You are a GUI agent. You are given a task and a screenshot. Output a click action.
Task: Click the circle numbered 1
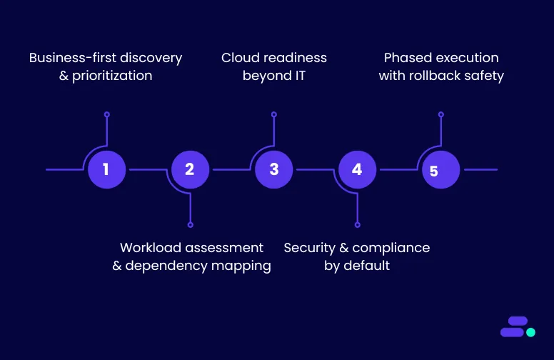pos(106,169)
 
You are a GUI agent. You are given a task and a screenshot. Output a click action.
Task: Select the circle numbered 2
pos(191,169)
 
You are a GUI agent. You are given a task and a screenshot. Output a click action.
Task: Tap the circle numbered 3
pos(274,169)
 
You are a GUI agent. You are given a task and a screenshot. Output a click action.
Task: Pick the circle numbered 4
pos(357,169)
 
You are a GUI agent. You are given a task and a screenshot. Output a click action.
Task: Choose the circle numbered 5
pos(441,169)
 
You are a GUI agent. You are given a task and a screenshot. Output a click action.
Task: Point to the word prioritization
pos(112,76)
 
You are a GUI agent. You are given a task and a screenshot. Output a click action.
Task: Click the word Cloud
pos(241,58)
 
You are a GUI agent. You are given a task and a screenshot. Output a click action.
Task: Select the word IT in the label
pos(298,76)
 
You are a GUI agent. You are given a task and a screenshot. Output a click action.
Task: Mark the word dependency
pos(166,266)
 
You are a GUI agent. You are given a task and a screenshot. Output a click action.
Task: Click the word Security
pos(310,249)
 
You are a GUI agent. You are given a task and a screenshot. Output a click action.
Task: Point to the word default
pos(366,266)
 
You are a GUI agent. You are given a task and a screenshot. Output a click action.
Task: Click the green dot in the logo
pos(530,332)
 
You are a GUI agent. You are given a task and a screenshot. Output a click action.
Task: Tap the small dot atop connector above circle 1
pos(106,114)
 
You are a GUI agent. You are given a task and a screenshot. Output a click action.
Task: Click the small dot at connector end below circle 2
pos(191,225)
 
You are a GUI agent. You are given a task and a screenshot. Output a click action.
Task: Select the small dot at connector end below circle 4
pos(358,225)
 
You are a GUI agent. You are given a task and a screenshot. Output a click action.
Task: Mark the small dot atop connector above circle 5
pos(441,114)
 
